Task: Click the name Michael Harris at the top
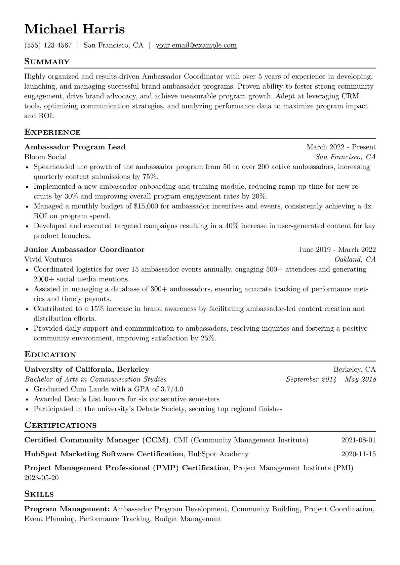click(74, 29)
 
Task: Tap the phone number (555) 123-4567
click(48, 45)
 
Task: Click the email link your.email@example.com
click(196, 45)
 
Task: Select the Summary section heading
click(47, 62)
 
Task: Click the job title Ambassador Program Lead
click(75, 147)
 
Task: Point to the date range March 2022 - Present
click(341, 147)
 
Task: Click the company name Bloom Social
click(45, 157)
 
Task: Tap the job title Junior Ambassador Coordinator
click(84, 249)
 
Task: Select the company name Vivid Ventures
click(48, 260)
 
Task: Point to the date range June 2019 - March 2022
click(337, 249)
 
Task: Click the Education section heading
click(50, 355)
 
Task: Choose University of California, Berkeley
click(87, 370)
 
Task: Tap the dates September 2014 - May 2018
click(331, 379)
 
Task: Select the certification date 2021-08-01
click(358, 440)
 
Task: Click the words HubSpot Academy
click(218, 454)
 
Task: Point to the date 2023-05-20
click(41, 478)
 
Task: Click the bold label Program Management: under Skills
click(67, 509)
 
